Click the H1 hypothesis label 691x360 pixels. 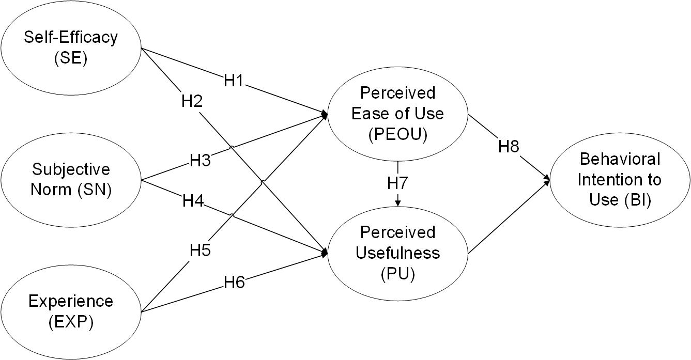click(234, 81)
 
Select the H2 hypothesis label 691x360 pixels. click(191, 101)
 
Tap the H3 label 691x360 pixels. click(199, 161)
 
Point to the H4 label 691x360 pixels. click(192, 200)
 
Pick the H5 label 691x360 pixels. click(199, 250)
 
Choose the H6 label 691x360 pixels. click(234, 282)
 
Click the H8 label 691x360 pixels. click(509, 147)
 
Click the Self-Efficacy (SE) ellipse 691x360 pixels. click(71, 48)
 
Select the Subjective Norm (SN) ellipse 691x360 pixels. click(71, 180)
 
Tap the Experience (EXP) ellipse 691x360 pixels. click(71, 311)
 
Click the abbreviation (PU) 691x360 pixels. click(397, 273)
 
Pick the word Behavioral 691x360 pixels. click(619, 159)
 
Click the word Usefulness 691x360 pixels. click(397, 253)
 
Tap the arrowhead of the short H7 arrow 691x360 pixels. click(397, 204)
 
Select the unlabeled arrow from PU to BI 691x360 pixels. click(509, 217)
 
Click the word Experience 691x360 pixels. click(71, 301)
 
